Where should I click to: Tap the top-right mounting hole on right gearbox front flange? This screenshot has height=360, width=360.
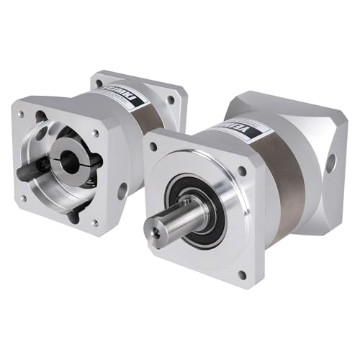[x=242, y=172]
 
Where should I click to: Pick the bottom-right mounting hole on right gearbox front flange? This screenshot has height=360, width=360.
[x=241, y=274]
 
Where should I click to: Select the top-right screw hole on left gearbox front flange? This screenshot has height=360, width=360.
[x=96, y=133]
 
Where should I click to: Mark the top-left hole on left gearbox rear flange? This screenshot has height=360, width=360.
[x=99, y=83]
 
